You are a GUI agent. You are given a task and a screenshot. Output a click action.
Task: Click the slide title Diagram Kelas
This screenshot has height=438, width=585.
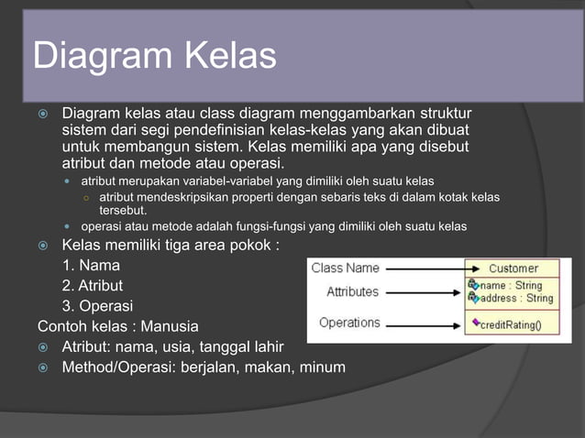click(x=154, y=56)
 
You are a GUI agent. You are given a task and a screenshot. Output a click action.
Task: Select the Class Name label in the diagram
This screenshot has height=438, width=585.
click(x=345, y=268)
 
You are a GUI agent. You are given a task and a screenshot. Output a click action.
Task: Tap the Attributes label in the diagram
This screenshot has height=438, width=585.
click(x=352, y=291)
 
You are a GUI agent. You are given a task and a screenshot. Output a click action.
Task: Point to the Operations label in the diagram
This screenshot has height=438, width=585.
click(x=349, y=323)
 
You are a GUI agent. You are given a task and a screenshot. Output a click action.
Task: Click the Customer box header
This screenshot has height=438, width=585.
click(x=513, y=268)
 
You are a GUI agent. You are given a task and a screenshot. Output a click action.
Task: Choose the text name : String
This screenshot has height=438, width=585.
click(x=511, y=285)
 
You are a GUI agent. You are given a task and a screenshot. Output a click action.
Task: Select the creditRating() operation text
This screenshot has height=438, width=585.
click(x=512, y=324)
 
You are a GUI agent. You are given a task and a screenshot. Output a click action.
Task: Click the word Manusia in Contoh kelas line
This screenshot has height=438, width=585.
click(x=168, y=326)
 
